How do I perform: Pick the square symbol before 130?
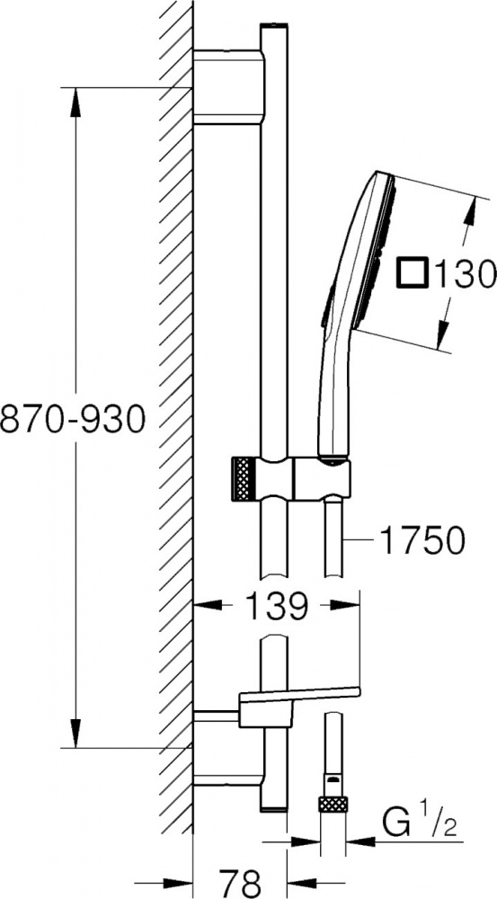(413, 272)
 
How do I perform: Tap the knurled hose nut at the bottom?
(334, 804)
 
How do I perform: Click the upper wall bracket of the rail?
(229, 87)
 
